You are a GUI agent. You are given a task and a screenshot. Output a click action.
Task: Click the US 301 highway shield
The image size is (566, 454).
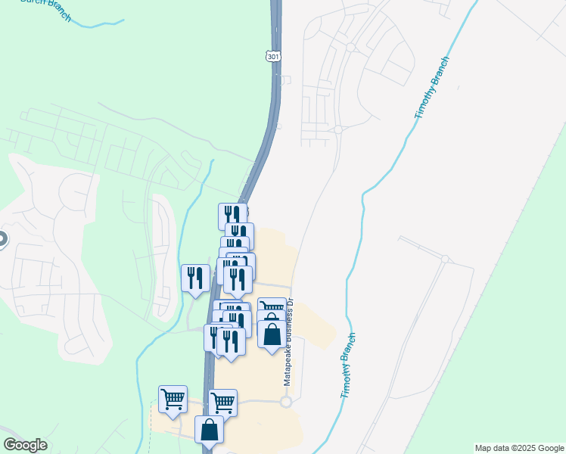click(274, 56)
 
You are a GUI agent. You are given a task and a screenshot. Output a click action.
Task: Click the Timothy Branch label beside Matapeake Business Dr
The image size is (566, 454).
click(348, 366)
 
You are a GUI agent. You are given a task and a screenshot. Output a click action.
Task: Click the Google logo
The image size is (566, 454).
click(25, 445)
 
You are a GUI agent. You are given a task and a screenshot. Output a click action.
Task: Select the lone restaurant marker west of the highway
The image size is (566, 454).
click(196, 278)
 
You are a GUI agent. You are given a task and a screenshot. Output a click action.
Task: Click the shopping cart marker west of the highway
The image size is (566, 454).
click(173, 399)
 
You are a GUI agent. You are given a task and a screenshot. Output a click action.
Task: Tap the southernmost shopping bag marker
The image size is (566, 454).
click(209, 429)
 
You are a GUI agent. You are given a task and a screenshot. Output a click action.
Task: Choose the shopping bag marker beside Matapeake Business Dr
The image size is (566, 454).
click(272, 333)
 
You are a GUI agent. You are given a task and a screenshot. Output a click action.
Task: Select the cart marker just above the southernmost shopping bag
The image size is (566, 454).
click(222, 403)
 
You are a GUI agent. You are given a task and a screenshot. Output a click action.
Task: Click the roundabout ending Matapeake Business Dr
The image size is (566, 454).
click(286, 402)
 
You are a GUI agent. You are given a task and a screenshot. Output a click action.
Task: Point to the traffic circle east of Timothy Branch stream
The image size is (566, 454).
click(445, 260)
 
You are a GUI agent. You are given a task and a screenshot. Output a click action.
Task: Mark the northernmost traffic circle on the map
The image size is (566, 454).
click(351, 47)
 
